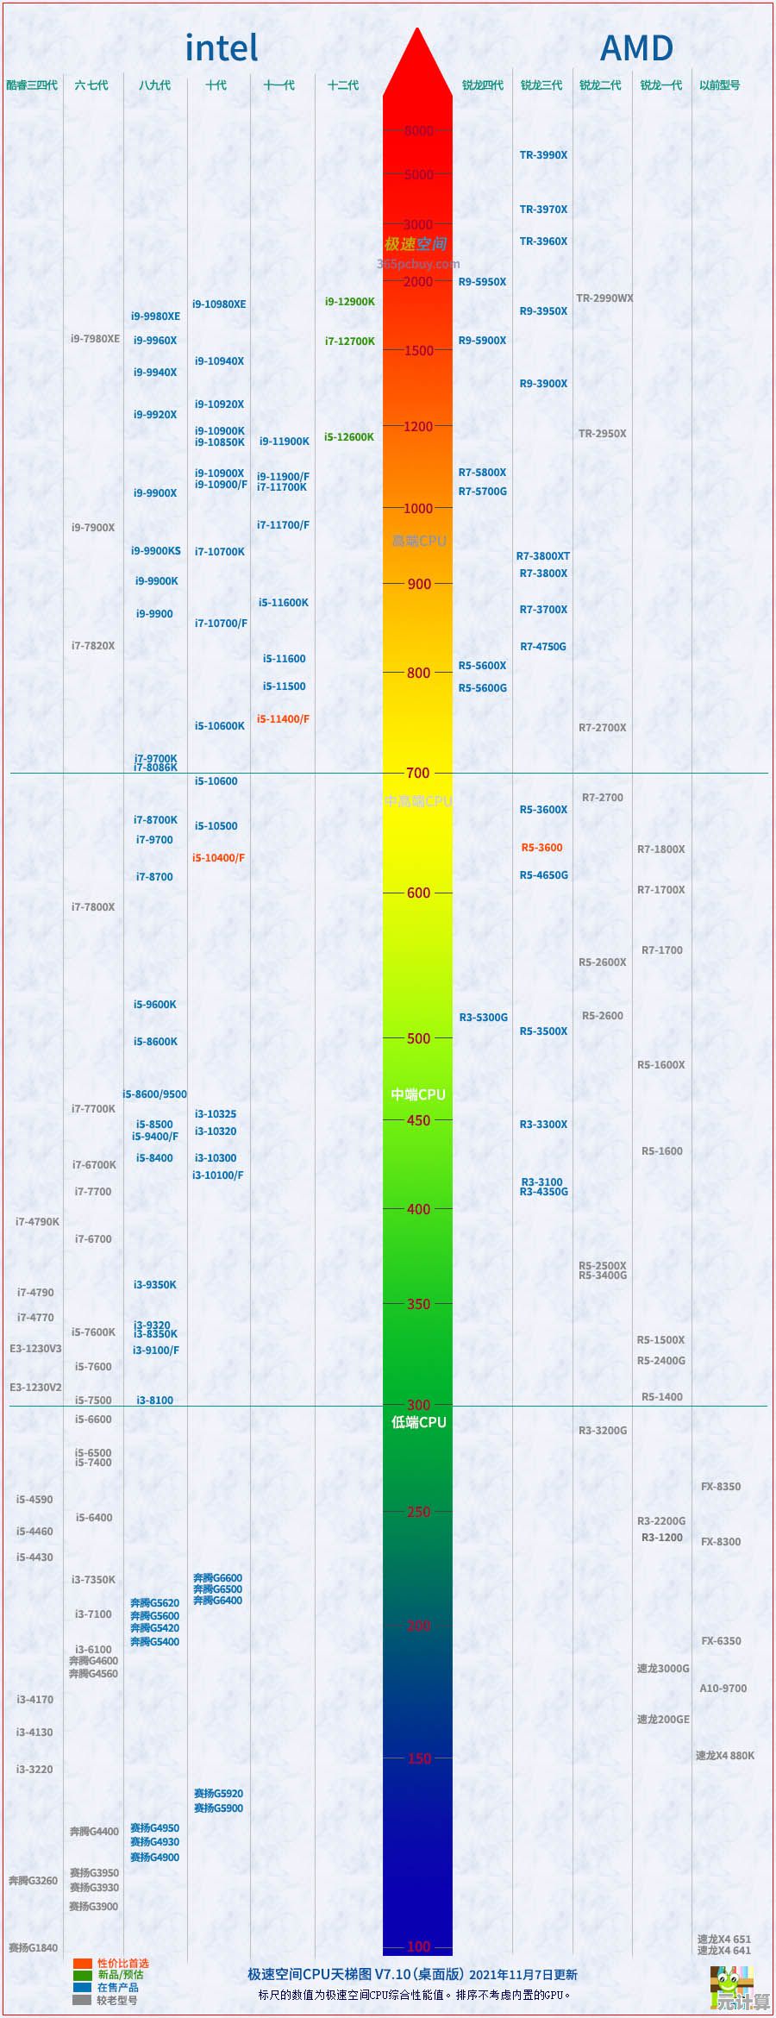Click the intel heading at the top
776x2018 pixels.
pyautogui.click(x=222, y=48)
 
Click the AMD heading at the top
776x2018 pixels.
pyautogui.click(x=636, y=48)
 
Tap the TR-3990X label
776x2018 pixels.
pyautogui.click(x=543, y=155)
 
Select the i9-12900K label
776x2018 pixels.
pyautogui.click(x=349, y=302)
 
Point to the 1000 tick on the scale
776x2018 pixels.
pyautogui.click(x=418, y=509)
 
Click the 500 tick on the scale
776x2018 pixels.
pyautogui.click(x=418, y=1039)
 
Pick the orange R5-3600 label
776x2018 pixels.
pyautogui.click(x=541, y=848)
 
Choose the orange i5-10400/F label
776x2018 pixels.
pyautogui.click(x=218, y=858)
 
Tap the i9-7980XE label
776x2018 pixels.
pyautogui.click(x=95, y=339)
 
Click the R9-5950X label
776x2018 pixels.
pyautogui.click(x=482, y=282)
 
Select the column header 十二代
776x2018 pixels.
pyautogui.click(x=343, y=85)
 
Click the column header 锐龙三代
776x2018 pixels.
pyautogui.click(x=541, y=85)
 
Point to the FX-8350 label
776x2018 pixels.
pyautogui.click(x=721, y=1487)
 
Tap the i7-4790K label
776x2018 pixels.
pyautogui.click(x=37, y=1222)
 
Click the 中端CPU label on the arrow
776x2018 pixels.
pyautogui.click(x=418, y=1094)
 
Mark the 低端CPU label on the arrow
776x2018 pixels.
pyautogui.click(x=419, y=1422)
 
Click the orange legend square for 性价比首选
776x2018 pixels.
pyautogui.click(x=82, y=1964)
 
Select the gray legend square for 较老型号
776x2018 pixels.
pyautogui.click(x=82, y=2000)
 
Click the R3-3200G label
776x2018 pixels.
pyautogui.click(x=603, y=1431)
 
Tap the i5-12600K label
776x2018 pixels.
pyautogui.click(x=349, y=437)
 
